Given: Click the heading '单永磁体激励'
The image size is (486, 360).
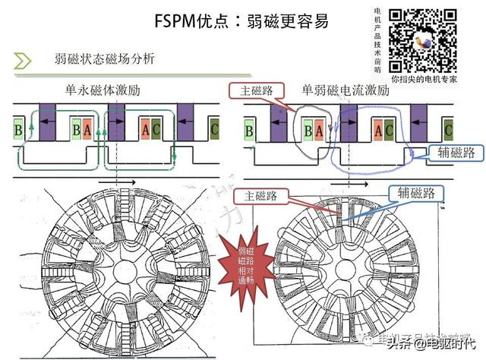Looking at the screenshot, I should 103,90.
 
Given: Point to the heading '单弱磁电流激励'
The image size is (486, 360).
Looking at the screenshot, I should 345,90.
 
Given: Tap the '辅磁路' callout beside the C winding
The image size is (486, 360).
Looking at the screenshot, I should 456,153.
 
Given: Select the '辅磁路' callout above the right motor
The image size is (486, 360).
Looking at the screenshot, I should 415,193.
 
